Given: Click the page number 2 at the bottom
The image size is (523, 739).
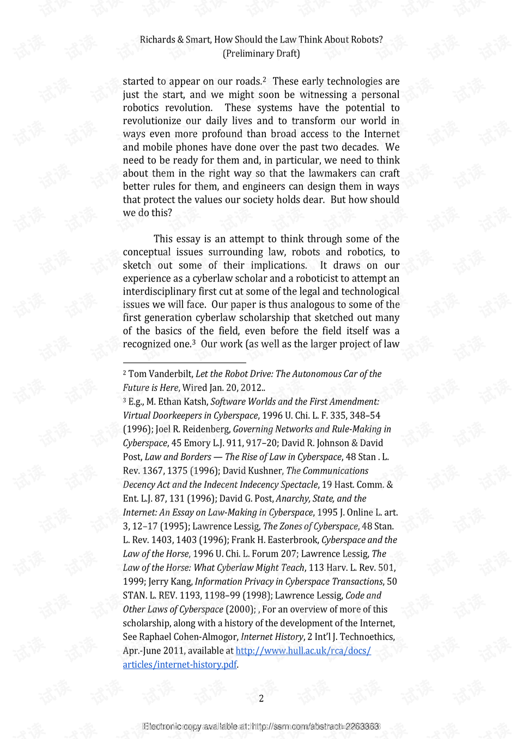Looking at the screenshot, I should (x=261, y=699).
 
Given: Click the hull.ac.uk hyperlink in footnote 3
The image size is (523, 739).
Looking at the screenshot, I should (x=303, y=651).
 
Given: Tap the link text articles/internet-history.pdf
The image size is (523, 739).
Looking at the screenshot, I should (x=180, y=665).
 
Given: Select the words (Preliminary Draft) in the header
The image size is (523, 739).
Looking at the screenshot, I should (x=261, y=53).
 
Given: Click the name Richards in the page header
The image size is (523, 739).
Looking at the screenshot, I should (x=157, y=40).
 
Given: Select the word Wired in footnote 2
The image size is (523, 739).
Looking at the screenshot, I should (x=194, y=388).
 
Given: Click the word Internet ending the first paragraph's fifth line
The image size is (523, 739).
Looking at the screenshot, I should (x=381, y=134).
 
